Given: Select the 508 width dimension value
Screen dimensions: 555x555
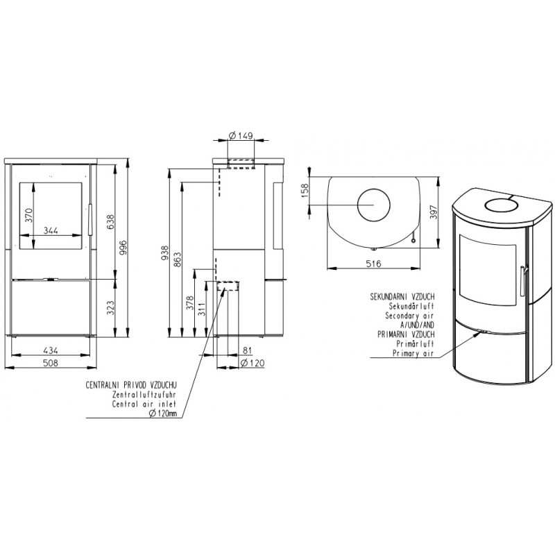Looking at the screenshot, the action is click(x=50, y=363).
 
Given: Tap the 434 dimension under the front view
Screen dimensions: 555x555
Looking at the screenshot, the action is click(x=50, y=350).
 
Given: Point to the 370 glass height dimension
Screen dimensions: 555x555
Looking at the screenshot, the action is click(x=28, y=216).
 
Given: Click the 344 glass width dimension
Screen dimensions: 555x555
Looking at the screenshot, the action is click(x=51, y=230).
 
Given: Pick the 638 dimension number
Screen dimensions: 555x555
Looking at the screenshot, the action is click(x=110, y=221).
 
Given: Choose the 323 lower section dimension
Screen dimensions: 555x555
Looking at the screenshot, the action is click(x=110, y=307).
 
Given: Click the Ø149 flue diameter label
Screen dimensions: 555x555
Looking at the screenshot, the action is click(x=241, y=135).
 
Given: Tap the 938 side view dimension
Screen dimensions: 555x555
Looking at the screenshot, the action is click(x=165, y=253).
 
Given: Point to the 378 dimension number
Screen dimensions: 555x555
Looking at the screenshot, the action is click(x=190, y=303).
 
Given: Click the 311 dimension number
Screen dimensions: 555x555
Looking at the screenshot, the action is click(x=202, y=309).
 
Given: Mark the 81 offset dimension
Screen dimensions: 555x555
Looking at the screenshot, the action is click(x=248, y=350).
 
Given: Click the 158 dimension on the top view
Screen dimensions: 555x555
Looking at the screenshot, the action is click(x=305, y=190).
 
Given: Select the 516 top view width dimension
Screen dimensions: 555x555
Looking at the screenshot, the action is click(x=373, y=264).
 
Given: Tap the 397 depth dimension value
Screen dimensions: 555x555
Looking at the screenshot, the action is click(x=434, y=212).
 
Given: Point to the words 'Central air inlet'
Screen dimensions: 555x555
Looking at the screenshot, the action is click(x=144, y=404).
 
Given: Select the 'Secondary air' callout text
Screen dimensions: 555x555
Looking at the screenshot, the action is click(x=409, y=316).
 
